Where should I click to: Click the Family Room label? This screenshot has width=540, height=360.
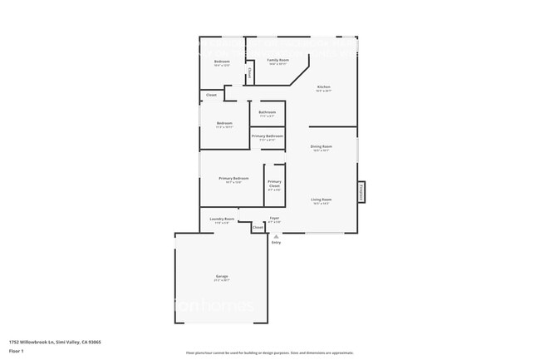pyautogui.click(x=277, y=61)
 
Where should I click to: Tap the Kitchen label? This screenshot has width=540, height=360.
pyautogui.click(x=324, y=86)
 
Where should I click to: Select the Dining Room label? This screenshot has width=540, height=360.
pyautogui.click(x=322, y=146)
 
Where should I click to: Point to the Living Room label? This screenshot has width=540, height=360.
pyautogui.click(x=322, y=200)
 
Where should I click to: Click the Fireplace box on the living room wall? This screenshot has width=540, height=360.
pyautogui.click(x=361, y=191)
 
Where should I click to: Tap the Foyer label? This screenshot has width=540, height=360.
pyautogui.click(x=274, y=218)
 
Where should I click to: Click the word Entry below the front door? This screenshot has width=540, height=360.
pyautogui.click(x=276, y=242)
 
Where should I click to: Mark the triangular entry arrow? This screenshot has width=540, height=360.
pyautogui.click(x=276, y=235)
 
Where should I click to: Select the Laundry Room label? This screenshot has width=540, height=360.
pyautogui.click(x=223, y=219)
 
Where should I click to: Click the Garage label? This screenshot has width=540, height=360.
pyautogui.click(x=222, y=276)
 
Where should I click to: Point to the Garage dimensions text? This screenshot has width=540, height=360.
pyautogui.click(x=222, y=280)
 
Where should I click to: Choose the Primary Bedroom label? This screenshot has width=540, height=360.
pyautogui.click(x=233, y=178)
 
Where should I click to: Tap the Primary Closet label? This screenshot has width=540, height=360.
pyautogui.click(x=274, y=183)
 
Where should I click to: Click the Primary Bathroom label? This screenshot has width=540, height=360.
pyautogui.click(x=268, y=136)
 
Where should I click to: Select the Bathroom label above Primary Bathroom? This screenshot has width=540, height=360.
pyautogui.click(x=268, y=112)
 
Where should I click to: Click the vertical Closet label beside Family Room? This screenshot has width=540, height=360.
pyautogui.click(x=249, y=72)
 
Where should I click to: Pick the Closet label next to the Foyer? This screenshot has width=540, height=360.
pyautogui.click(x=258, y=227)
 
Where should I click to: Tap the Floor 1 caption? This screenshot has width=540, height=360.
pyautogui.click(x=17, y=350)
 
